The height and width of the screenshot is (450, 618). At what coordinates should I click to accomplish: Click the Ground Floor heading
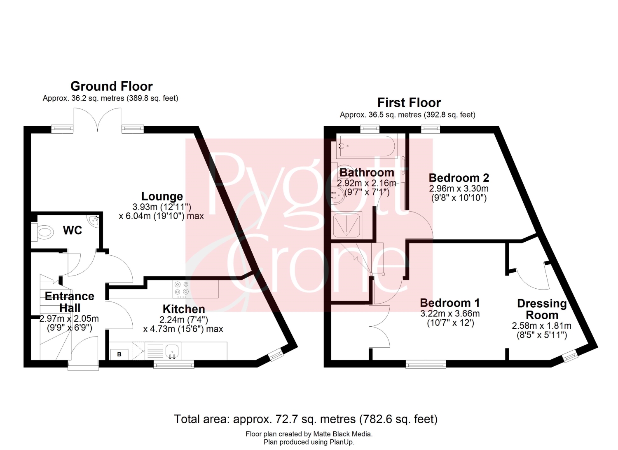click(112, 87)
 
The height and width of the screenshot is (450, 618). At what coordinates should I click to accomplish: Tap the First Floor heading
click(409, 103)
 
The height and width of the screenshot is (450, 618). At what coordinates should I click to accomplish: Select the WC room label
click(72, 231)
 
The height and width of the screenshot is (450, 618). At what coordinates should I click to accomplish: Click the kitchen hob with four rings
click(182, 289)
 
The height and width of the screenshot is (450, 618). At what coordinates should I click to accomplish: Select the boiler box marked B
click(119, 354)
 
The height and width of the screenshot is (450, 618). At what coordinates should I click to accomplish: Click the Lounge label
click(162, 196)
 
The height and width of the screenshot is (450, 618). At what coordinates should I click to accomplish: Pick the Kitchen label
click(184, 309)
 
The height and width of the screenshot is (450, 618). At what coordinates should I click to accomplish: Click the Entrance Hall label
click(70, 302)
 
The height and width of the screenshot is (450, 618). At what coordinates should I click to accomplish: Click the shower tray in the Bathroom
click(347, 226)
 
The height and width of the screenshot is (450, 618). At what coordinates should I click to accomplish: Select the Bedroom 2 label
click(459, 178)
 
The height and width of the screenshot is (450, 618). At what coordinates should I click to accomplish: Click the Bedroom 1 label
click(450, 303)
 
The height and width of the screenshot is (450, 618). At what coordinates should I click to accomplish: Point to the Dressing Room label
click(542, 309)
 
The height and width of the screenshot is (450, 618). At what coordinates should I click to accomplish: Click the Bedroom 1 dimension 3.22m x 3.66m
click(450, 314)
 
